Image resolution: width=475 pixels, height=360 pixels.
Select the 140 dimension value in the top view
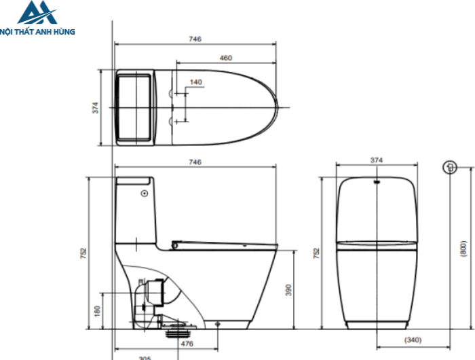click(195, 82)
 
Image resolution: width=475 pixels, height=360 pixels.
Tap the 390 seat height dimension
click(288, 290)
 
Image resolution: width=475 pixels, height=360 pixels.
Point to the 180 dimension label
click(96, 310)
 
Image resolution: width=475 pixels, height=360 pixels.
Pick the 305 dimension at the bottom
click(145, 357)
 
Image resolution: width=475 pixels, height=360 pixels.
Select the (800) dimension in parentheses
click(463, 249)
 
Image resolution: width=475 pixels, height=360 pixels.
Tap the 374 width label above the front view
click(377, 160)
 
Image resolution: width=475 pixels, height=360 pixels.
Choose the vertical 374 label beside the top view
click(96, 107)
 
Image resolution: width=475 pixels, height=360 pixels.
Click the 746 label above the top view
click(195, 39)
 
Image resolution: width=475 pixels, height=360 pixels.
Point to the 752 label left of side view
click(83, 253)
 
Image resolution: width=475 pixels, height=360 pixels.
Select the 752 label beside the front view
click(316, 253)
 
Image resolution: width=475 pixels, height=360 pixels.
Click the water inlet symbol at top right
click(448, 167)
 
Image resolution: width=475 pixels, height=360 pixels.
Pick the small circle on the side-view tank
click(143, 194)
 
